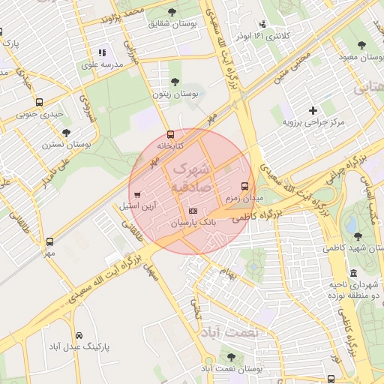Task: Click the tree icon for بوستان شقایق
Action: tap(172, 12)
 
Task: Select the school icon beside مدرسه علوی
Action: tap(102, 52)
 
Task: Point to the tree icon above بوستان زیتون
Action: tap(175, 82)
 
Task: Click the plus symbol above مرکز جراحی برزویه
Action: tap(313, 110)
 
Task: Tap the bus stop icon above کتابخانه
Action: tap(170, 134)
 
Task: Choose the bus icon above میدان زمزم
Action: tap(244, 186)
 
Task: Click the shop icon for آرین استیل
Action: tap(136, 195)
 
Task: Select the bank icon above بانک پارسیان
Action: tap(193, 211)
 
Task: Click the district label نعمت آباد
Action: tap(230, 331)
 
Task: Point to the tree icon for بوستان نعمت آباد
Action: tap(229, 357)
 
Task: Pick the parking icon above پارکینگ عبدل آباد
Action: tap(79, 335)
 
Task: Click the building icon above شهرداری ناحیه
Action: tap(353, 274)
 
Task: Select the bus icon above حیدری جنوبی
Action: tap(39, 103)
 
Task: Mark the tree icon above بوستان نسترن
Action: tap(67, 132)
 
